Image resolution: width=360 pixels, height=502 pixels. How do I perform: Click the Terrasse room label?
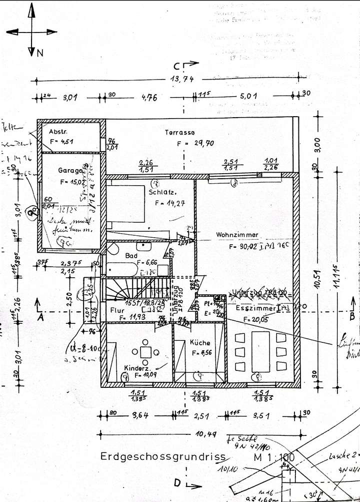[180, 133]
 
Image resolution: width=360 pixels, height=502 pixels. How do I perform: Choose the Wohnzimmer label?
[236, 235]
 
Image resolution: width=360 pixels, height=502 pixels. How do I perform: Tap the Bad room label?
[131, 256]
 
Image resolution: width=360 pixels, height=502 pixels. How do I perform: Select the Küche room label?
[199, 343]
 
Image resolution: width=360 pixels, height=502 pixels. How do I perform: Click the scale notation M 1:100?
[274, 456]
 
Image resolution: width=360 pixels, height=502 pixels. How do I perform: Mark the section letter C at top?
[177, 66]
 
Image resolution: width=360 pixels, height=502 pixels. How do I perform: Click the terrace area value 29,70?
[203, 143]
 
